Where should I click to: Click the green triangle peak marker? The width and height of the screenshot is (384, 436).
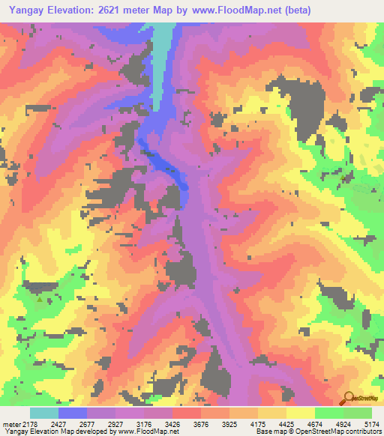40,298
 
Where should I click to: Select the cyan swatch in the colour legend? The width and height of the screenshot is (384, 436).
43,413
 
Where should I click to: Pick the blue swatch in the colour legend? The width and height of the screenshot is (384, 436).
73,413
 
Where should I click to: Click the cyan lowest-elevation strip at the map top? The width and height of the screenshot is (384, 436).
162,45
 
